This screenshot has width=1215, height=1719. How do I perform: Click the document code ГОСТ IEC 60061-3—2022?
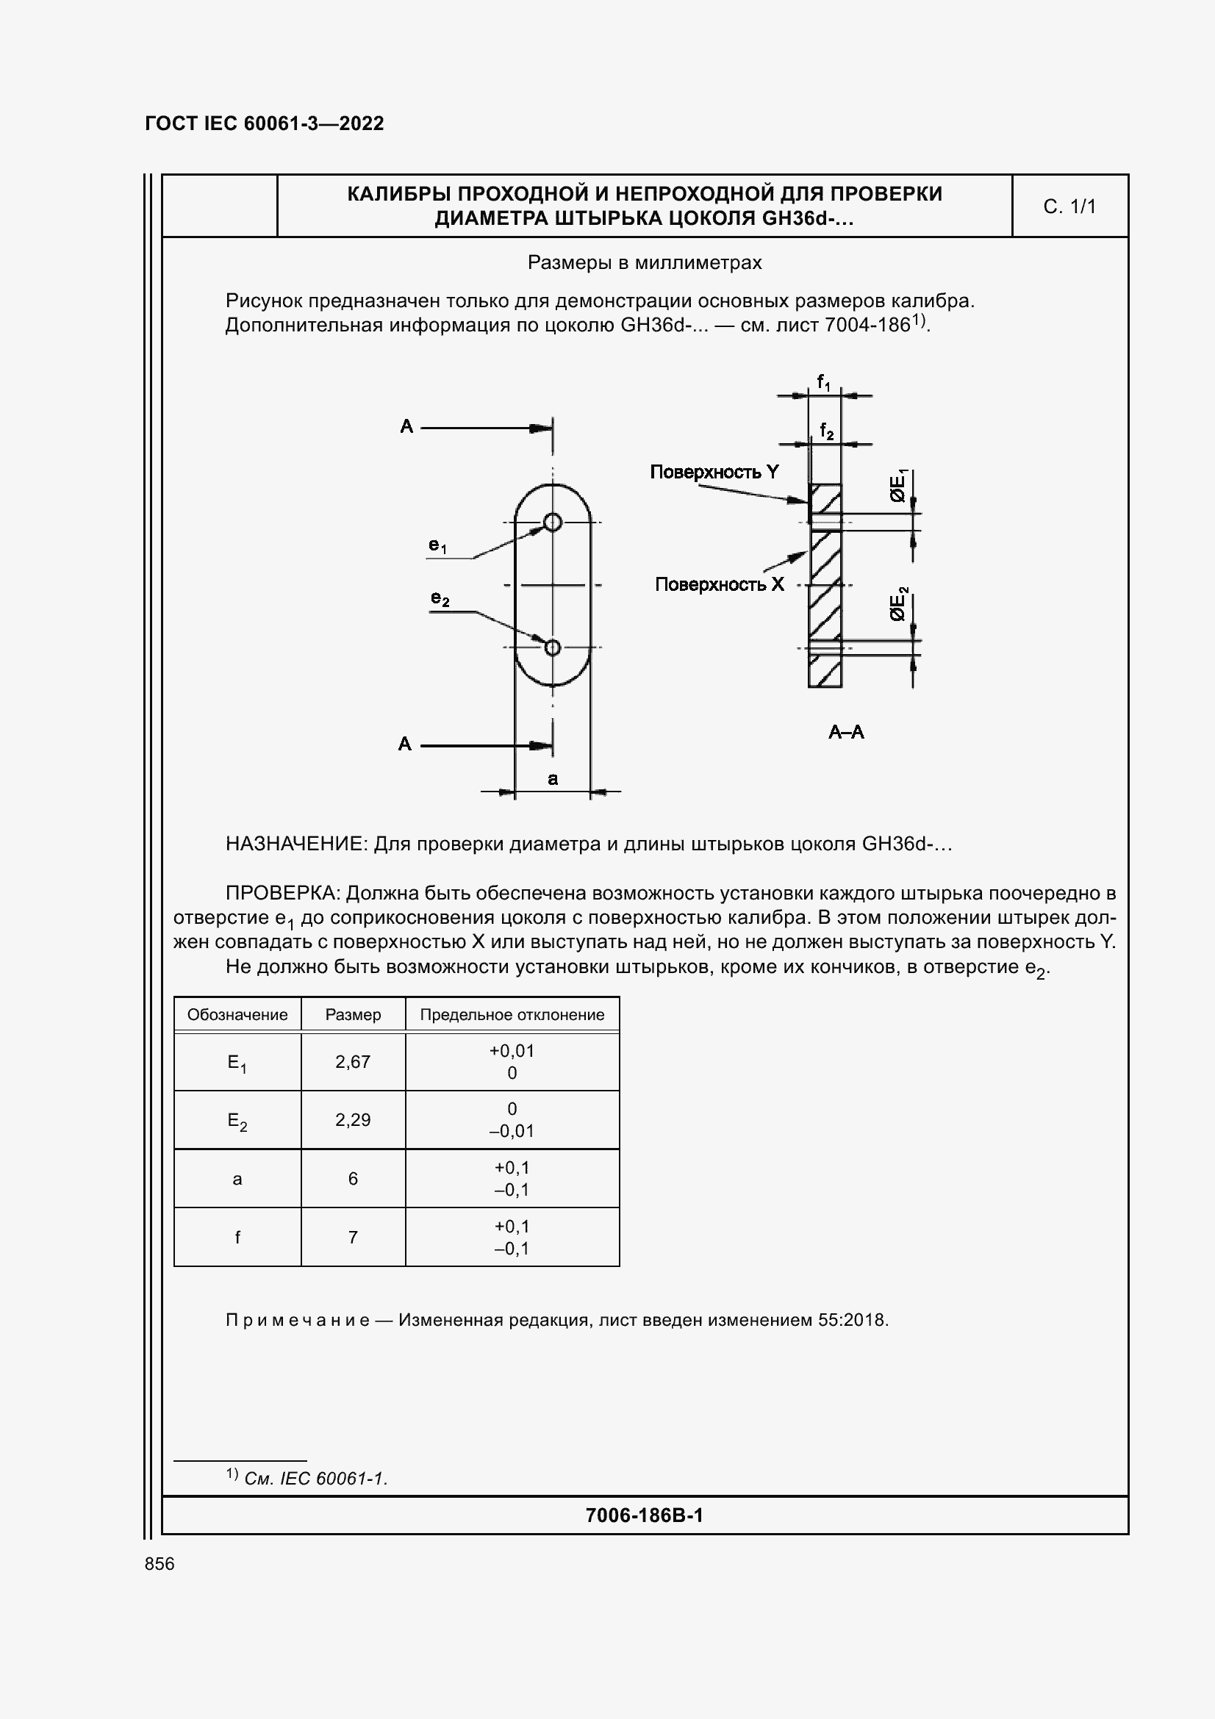(264, 123)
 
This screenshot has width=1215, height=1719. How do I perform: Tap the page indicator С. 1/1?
(1069, 207)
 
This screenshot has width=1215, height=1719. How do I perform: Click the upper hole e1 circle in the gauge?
(553, 522)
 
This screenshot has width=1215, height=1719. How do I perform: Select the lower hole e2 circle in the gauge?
(553, 647)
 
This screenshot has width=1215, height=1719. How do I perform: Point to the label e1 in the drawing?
(438, 546)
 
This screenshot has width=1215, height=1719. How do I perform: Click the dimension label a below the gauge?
(553, 778)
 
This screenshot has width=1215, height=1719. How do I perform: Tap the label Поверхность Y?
(714, 472)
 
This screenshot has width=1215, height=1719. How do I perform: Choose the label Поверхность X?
(719, 584)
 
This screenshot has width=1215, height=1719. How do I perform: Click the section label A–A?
(846, 732)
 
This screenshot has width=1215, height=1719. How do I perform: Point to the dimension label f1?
(822, 383)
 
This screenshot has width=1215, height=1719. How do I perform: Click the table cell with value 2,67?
(353, 1062)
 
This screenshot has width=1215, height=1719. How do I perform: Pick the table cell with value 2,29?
(353, 1120)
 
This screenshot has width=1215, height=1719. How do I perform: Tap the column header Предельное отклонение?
(512, 1014)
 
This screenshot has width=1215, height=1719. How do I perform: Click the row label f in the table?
(237, 1238)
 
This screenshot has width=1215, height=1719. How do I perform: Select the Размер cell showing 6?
(353, 1179)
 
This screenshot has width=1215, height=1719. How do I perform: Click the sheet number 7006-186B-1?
(644, 1515)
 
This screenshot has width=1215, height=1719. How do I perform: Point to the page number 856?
(160, 1564)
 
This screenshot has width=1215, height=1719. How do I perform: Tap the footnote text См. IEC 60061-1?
(315, 1479)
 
